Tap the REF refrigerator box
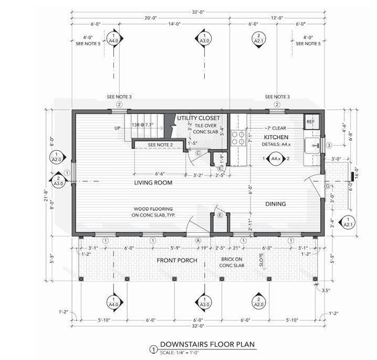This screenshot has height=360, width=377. [x=310, y=122]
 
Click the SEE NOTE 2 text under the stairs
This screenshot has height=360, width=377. [x=160, y=145]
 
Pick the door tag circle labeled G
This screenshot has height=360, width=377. [x=327, y=186]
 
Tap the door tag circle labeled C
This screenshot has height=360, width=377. [x=198, y=153]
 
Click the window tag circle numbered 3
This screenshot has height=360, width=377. [x=329, y=145]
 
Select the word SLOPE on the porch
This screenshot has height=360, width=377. [x=261, y=261]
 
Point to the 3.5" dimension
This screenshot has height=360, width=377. [x=325, y=289]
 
